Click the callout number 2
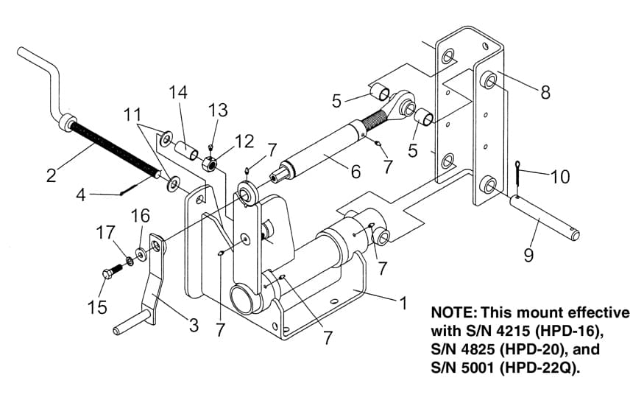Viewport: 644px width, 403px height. pos(52,175)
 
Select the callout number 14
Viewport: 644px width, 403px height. pos(178,93)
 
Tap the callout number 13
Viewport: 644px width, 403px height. pos(218,111)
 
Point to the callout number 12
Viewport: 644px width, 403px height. pos(244,141)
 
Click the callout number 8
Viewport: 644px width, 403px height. pos(545,93)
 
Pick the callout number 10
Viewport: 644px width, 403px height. pos(560,177)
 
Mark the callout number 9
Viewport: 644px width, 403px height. pos(528,255)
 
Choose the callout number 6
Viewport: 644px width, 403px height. pos(355,171)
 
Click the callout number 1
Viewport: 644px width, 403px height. pos(403,303)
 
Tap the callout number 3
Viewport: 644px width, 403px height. pos(194,326)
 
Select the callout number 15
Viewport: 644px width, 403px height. pos(97,306)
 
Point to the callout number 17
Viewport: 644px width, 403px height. pos(105,232)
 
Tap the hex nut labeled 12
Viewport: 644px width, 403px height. pos(210,164)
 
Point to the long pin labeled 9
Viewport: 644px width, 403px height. pos(545,217)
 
